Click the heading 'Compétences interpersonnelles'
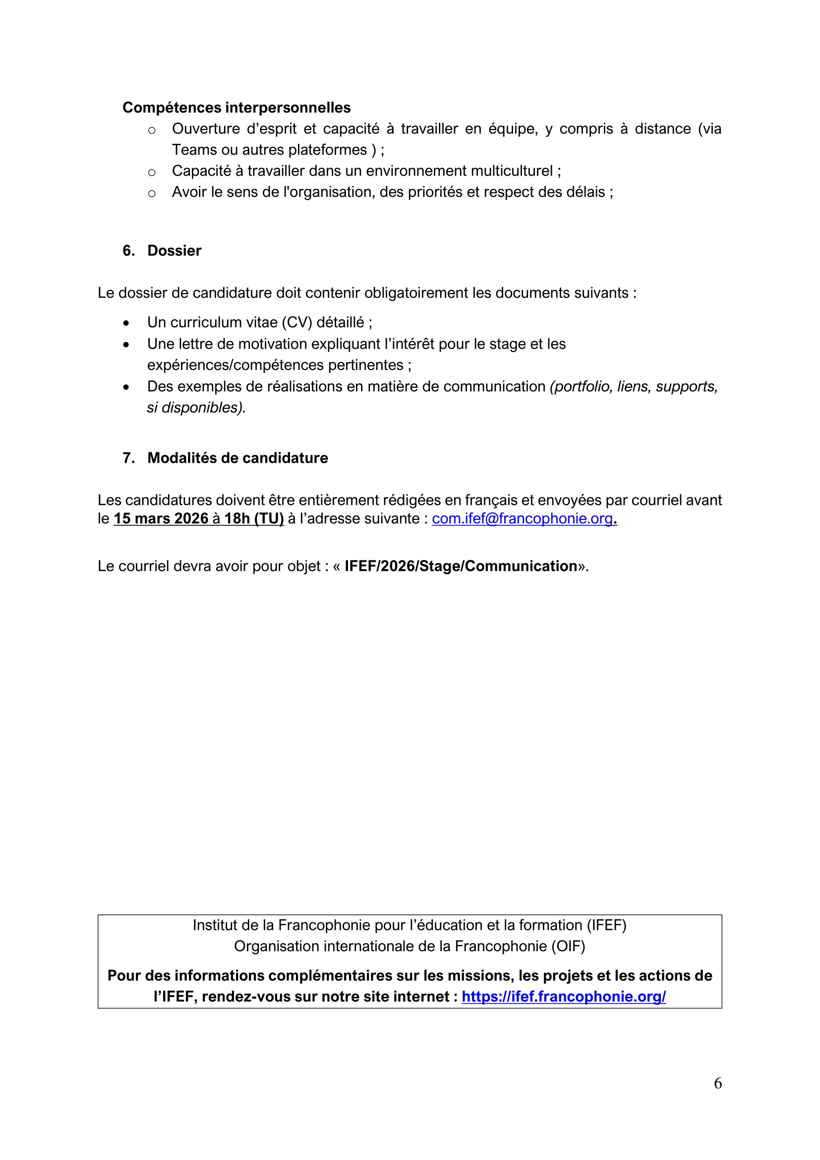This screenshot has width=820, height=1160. pyautogui.click(x=236, y=108)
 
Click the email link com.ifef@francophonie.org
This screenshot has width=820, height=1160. pyautogui.click(x=523, y=519)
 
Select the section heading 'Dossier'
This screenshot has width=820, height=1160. pyautogui.click(x=174, y=250)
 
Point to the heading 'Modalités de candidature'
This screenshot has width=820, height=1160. pyautogui.click(x=237, y=458)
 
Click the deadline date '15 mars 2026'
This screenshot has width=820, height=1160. pyautogui.click(x=161, y=519)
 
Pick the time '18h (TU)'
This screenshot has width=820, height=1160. pyautogui.click(x=254, y=519)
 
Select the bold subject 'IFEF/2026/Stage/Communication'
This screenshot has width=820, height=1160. pyautogui.click(x=461, y=566)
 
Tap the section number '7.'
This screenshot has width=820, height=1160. pyautogui.click(x=128, y=458)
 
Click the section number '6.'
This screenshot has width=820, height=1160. pyautogui.click(x=128, y=250)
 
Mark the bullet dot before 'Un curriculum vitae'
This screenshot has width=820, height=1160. pyautogui.click(x=126, y=323)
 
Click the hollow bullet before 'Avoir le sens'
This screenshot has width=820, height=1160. pyautogui.click(x=152, y=193)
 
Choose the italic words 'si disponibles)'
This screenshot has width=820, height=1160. pyautogui.click(x=196, y=408)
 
